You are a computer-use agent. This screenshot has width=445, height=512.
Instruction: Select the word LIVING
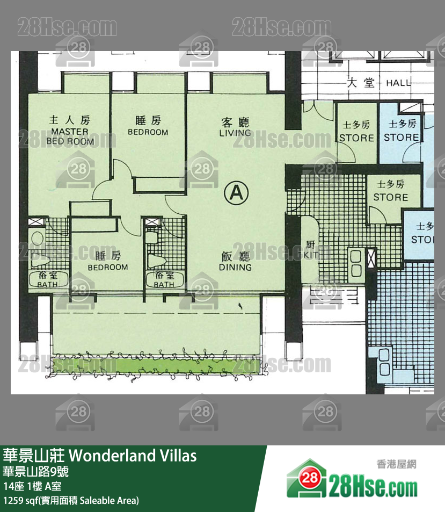(235, 133)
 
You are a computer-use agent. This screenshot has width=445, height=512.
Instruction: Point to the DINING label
(235, 267)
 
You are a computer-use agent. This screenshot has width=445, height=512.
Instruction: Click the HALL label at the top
(398, 83)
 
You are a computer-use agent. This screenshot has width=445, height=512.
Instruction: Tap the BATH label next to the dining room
(164, 285)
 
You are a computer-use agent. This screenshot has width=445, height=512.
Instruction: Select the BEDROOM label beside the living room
(148, 132)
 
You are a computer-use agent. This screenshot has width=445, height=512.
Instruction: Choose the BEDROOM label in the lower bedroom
(108, 267)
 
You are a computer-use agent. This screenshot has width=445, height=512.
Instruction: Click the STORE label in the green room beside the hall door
(356, 138)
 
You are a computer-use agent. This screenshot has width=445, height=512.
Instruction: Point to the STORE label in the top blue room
(402, 138)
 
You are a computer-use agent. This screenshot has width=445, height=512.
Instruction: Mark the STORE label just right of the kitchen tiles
(390, 197)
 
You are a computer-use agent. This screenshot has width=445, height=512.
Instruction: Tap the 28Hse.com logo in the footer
(352, 480)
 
